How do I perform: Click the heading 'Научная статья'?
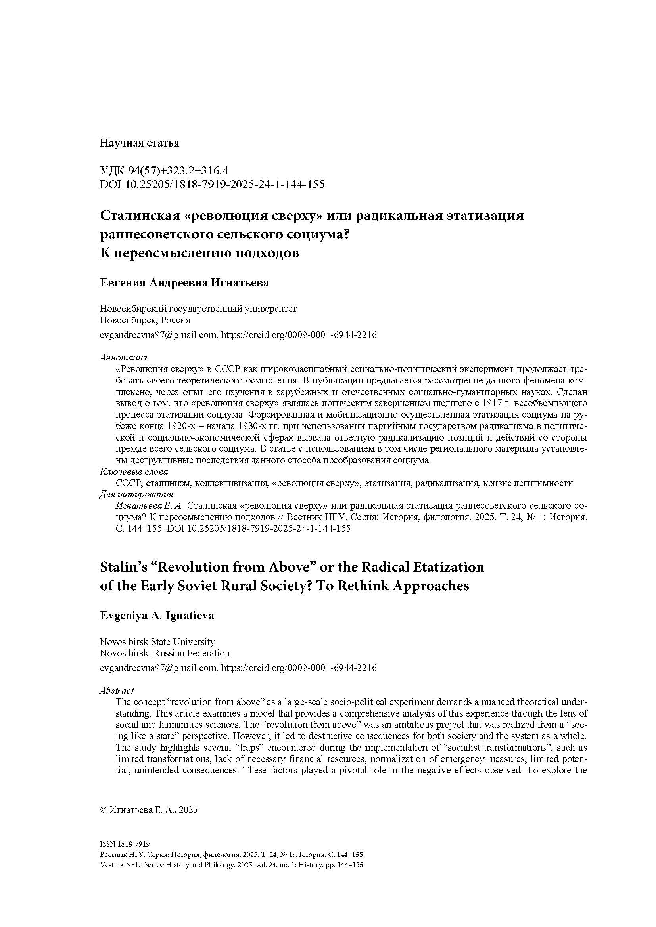click(x=140, y=143)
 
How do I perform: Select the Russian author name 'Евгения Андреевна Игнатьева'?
click(x=184, y=283)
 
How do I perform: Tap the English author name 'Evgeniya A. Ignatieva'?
click(x=157, y=616)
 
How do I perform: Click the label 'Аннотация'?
click(x=123, y=358)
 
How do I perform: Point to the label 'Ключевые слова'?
click(x=134, y=471)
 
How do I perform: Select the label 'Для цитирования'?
click(x=136, y=494)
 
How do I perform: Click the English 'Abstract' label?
click(x=117, y=691)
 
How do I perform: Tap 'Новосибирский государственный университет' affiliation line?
click(x=198, y=309)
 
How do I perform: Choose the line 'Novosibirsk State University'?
click(x=157, y=641)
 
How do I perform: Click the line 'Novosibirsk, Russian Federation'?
click(x=165, y=653)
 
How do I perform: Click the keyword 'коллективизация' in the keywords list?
click(x=232, y=483)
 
